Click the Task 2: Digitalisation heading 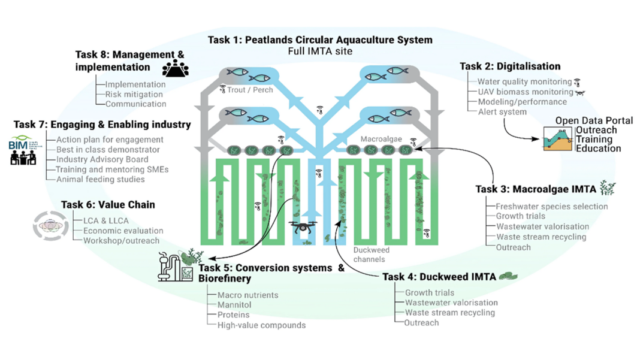(510, 66)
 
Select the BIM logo (22, 144)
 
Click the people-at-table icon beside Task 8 (175, 68)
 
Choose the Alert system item (502, 111)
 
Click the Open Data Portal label (593, 120)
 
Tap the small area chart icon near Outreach (557, 138)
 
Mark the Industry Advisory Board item (102, 159)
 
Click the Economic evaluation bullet (123, 231)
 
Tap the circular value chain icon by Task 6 (50, 226)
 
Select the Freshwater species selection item (551, 207)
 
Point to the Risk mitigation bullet (134, 94)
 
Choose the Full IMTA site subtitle (320, 52)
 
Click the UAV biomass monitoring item (525, 92)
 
